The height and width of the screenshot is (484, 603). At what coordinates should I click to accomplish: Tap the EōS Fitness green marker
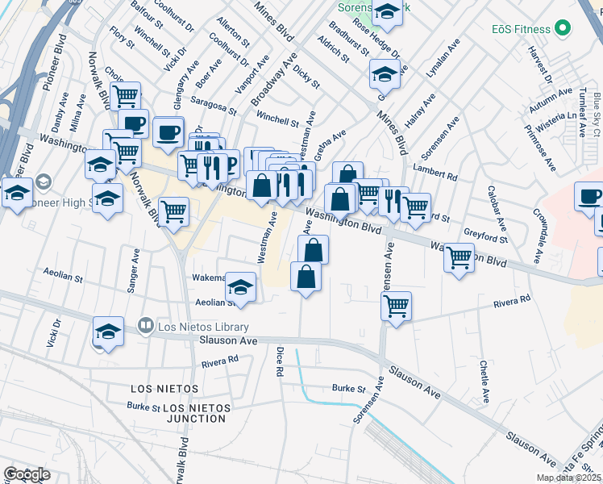click(x=563, y=29)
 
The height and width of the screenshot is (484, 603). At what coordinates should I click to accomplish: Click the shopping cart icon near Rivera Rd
click(x=396, y=306)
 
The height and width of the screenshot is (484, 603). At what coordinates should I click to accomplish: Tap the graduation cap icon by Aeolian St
click(x=240, y=286)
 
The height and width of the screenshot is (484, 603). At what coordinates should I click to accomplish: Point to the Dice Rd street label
click(x=280, y=362)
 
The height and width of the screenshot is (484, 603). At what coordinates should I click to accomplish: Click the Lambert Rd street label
click(x=435, y=171)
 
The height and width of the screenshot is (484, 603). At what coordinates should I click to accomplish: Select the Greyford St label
click(x=486, y=235)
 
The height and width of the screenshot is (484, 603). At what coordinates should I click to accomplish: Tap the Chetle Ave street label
click(x=485, y=387)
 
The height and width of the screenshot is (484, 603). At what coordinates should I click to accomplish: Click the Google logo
click(x=27, y=474)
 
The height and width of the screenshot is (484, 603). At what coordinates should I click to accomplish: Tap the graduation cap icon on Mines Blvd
click(x=385, y=74)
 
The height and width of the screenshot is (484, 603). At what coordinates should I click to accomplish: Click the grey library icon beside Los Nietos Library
click(x=146, y=327)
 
